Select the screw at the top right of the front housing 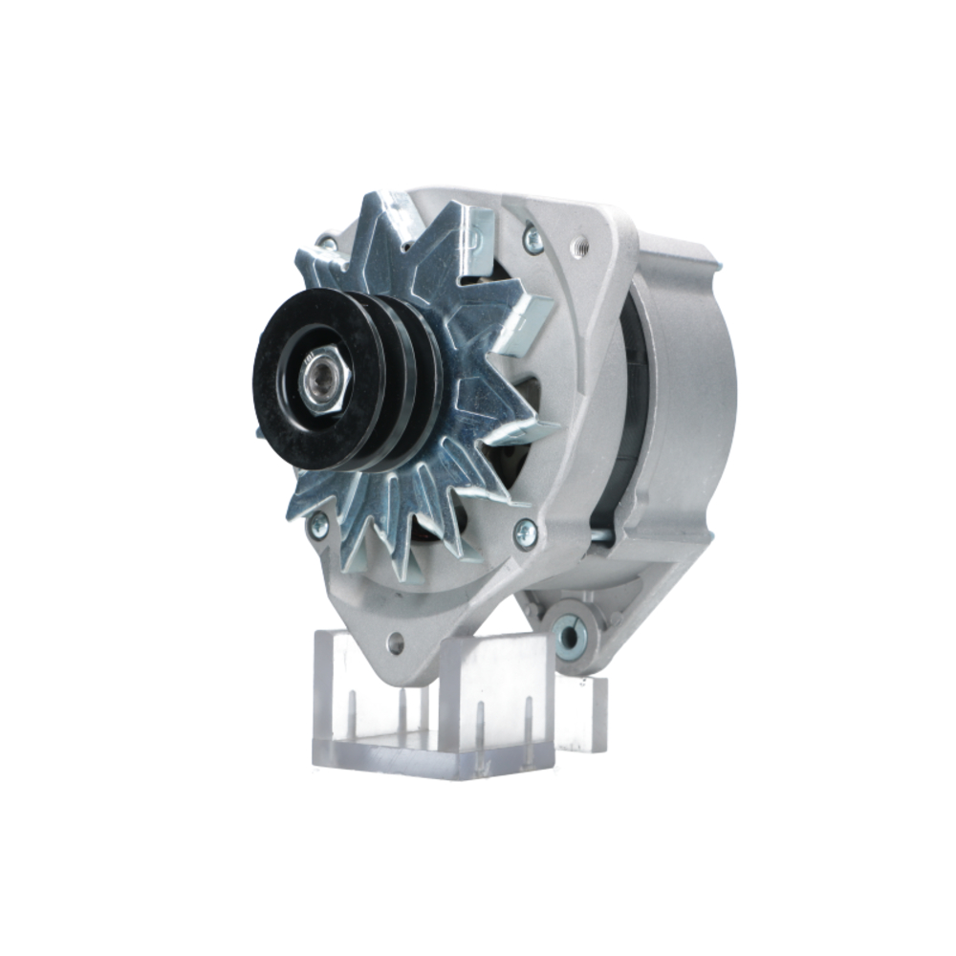(532, 238)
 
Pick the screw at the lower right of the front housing (525, 533)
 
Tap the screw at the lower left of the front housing (318, 525)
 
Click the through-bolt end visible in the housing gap (599, 536)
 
